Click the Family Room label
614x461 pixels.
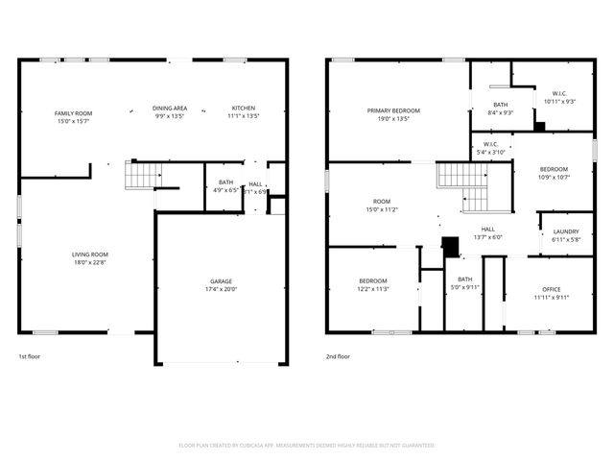click(x=72, y=113)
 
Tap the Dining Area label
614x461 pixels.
click(x=170, y=108)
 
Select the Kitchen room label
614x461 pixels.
click(x=244, y=108)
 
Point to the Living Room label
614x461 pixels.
click(x=89, y=255)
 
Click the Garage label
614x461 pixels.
click(x=221, y=281)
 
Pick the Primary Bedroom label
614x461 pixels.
click(x=393, y=110)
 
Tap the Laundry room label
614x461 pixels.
click(x=566, y=231)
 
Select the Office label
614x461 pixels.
click(x=551, y=289)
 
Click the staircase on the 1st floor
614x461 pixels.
click(x=144, y=175)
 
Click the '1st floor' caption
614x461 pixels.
click(x=30, y=355)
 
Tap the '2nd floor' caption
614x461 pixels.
click(x=338, y=355)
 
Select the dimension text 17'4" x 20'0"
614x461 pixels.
click(x=221, y=289)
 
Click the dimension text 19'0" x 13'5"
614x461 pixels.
click(x=393, y=119)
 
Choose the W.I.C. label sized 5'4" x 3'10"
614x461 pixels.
click(x=490, y=147)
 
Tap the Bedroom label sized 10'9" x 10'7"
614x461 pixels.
click(x=554, y=169)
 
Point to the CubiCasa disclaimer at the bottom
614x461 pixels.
click(x=307, y=445)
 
